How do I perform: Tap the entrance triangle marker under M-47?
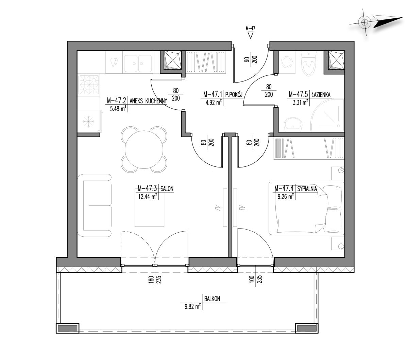pos(250,35)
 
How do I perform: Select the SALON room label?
pos(167,189)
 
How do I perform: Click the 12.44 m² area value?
pos(148,196)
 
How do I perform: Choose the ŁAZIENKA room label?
pos(321,94)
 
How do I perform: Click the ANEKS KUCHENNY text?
pos(148,101)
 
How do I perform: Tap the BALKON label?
pos(212,299)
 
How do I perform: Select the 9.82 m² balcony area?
pos(192,306)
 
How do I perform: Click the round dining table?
pos(144,149)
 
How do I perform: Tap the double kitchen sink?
pos(138,64)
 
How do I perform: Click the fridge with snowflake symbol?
pos(89,121)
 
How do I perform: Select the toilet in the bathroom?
pos(308,64)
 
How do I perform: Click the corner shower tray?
pos(327,115)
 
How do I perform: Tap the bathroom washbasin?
pos(293,124)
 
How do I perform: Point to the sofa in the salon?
pos(94,205)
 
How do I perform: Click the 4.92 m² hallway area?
pos(214,103)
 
